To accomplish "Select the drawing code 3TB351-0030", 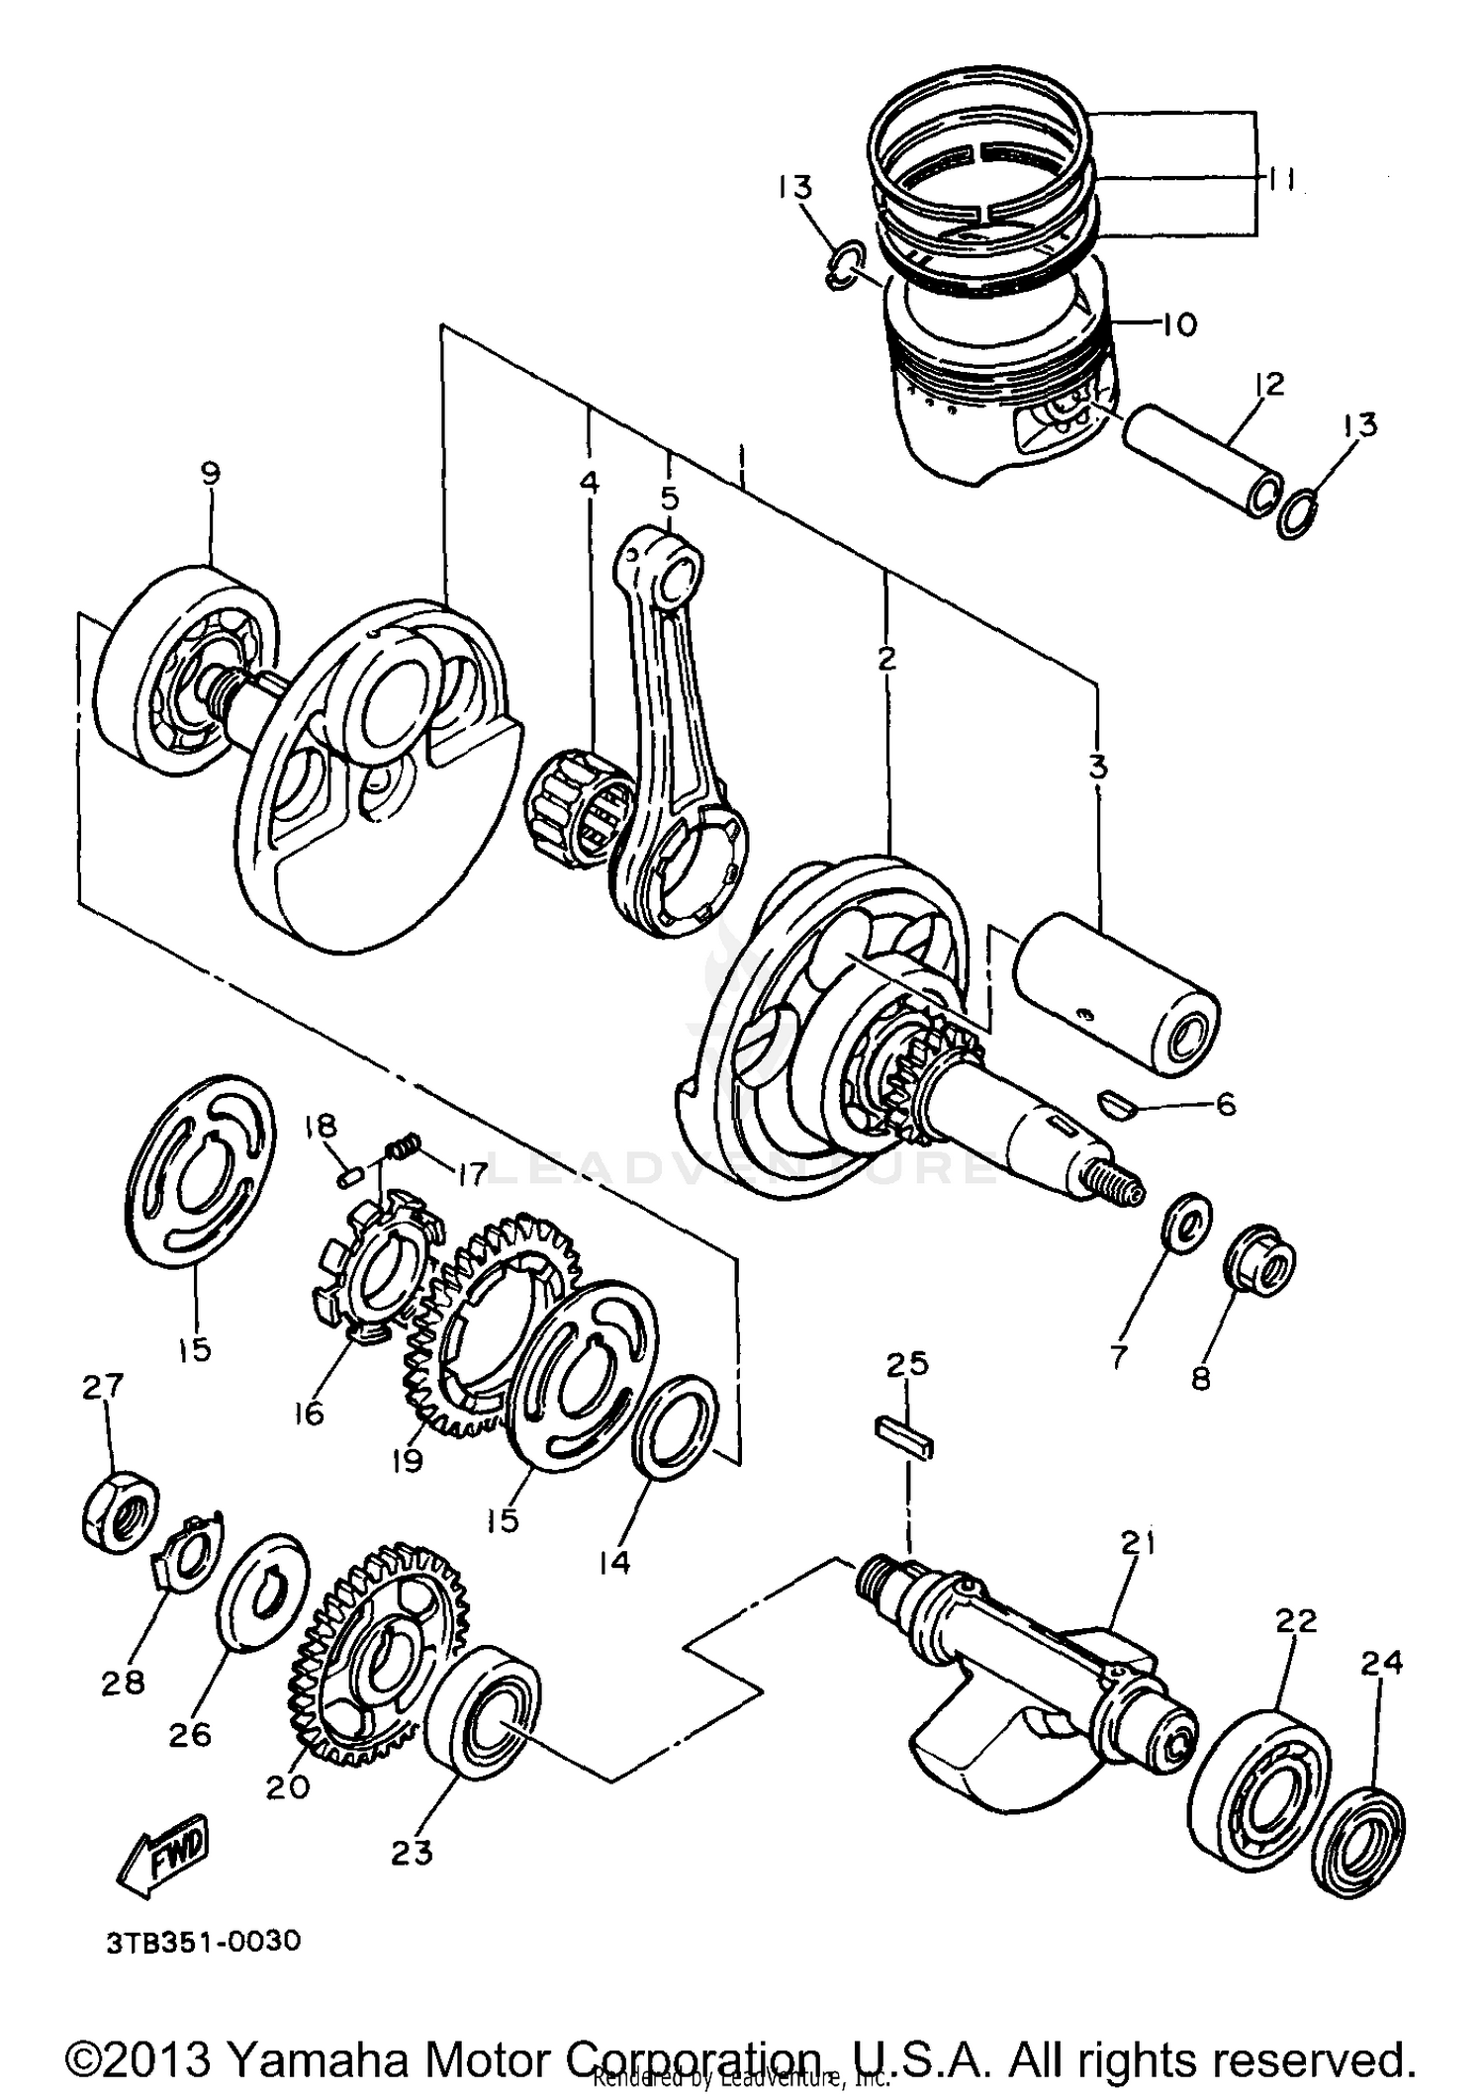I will (203, 1941).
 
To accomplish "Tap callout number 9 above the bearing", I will (210, 474).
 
